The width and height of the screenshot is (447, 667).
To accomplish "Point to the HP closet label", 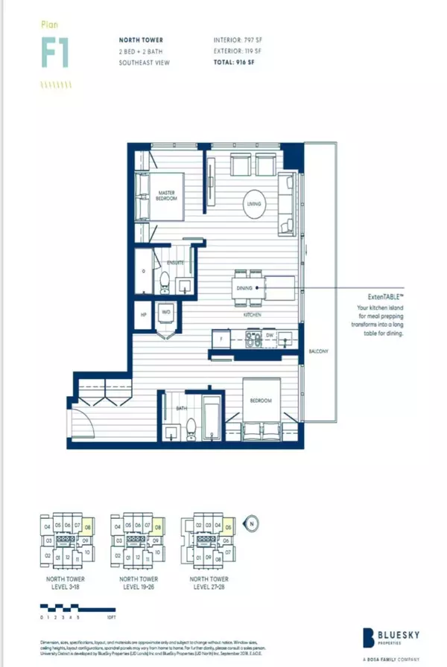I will tap(143, 313).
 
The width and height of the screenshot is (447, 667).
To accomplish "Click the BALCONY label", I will tap(322, 351).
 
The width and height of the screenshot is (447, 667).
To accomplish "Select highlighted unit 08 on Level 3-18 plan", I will tap(88, 529).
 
